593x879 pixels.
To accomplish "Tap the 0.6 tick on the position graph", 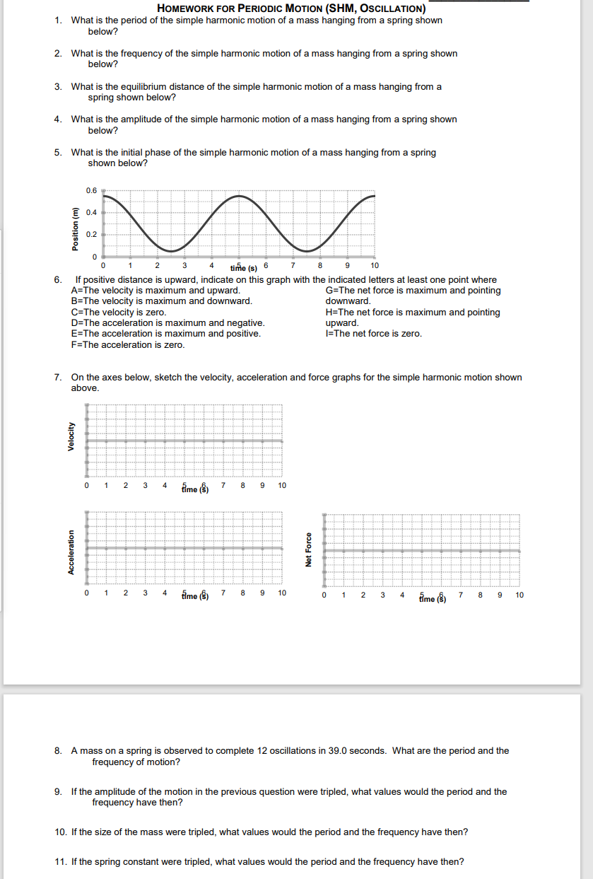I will click(91, 190).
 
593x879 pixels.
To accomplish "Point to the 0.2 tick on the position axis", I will click(91, 234).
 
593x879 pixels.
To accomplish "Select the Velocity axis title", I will click(71, 436).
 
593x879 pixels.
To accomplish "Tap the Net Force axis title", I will click(309, 549).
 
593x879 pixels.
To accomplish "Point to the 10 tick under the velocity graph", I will click(282, 486).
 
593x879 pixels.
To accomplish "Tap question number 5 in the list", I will click(57, 153).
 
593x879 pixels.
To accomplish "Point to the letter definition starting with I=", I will click(373, 334).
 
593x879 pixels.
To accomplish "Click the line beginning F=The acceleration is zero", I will click(128, 344).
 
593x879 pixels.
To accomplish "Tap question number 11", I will click(60, 861).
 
